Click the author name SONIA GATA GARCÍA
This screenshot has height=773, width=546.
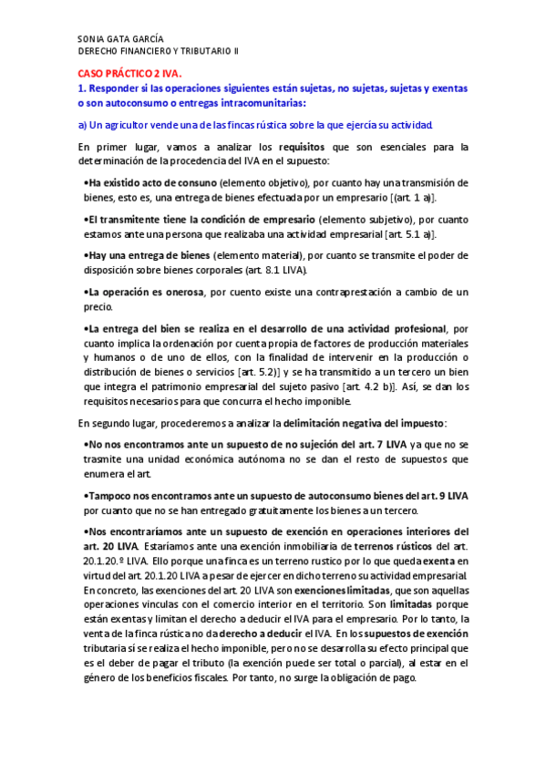[x=120, y=39]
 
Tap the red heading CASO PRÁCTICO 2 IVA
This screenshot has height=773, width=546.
[x=129, y=73]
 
